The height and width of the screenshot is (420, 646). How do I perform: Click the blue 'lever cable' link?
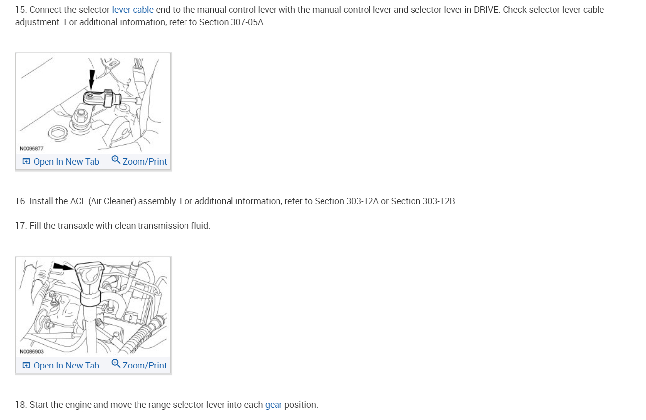coord(133,10)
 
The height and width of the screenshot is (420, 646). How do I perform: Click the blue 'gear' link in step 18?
coord(274,405)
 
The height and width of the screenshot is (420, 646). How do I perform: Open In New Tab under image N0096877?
coord(61,162)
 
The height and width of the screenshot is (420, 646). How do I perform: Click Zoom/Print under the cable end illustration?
coord(139,162)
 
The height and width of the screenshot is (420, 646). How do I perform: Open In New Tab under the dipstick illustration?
coord(61,366)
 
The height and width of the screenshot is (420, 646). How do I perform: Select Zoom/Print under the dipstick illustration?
coord(139,366)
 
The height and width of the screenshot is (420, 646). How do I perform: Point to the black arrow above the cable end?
coord(92,79)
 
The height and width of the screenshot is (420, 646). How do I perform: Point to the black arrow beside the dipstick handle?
coord(62,266)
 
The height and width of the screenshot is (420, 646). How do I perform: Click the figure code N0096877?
coord(32,148)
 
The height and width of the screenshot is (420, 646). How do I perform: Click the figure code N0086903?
coord(32,352)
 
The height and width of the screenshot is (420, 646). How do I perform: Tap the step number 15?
coord(20,10)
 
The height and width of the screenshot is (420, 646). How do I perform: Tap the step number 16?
coord(20,201)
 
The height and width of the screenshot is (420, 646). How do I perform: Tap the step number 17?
coord(20,226)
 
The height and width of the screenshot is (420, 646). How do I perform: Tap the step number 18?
coord(20,405)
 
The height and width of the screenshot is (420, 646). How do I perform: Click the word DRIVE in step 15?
coord(486,10)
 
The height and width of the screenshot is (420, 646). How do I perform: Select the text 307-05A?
coord(247,23)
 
